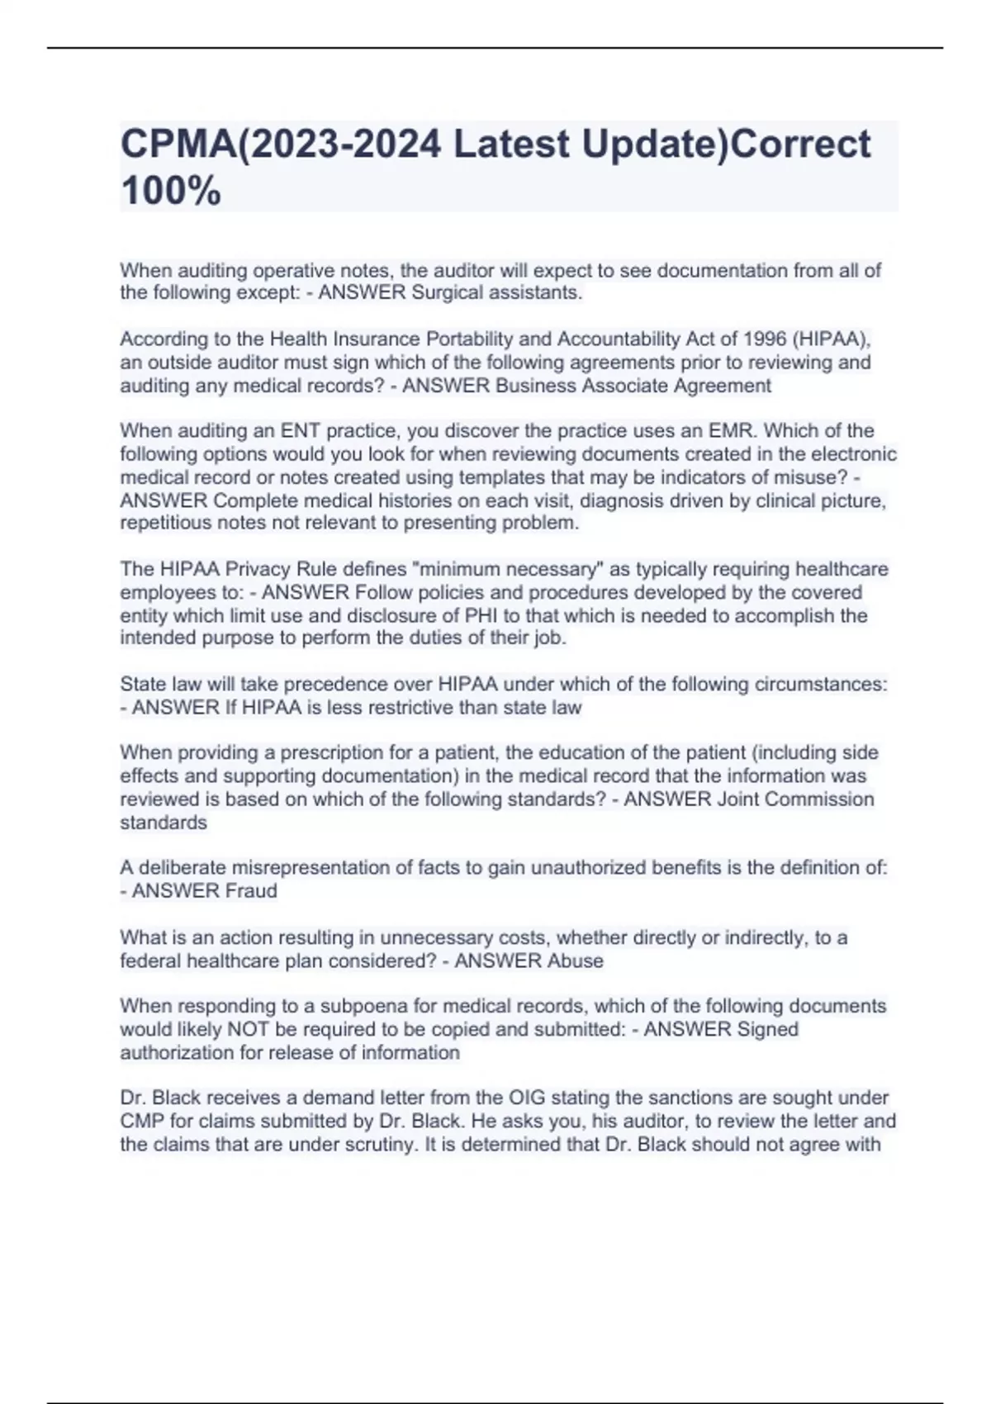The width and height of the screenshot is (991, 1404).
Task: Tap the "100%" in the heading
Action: click(171, 192)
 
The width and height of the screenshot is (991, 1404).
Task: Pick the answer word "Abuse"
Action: click(575, 961)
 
